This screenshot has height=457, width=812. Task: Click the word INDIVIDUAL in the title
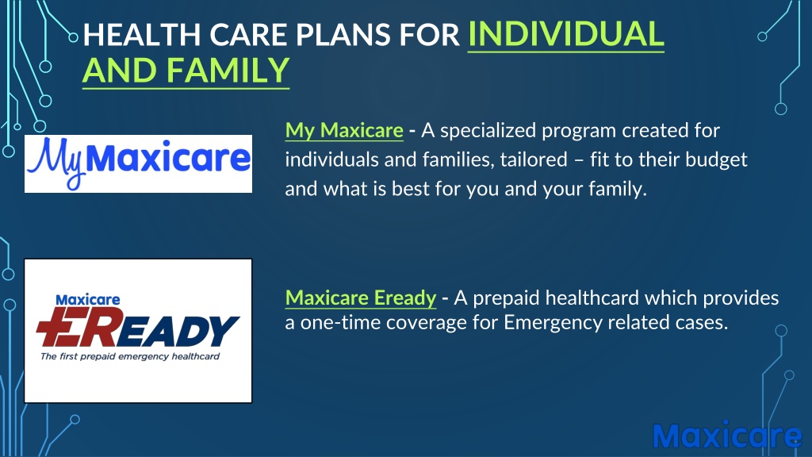565,34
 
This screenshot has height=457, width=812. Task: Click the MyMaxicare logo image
138,163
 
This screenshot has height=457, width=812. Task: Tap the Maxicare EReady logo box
138,331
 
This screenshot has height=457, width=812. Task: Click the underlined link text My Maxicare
344,131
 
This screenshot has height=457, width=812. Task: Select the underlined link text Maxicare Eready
361,298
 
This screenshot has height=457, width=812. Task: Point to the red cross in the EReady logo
57,327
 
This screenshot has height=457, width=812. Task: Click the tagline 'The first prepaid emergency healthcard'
130,356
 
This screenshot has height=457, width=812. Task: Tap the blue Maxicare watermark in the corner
727,436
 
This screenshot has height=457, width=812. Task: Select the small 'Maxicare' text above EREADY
87,299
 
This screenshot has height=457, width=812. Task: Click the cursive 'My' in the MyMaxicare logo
56,160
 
